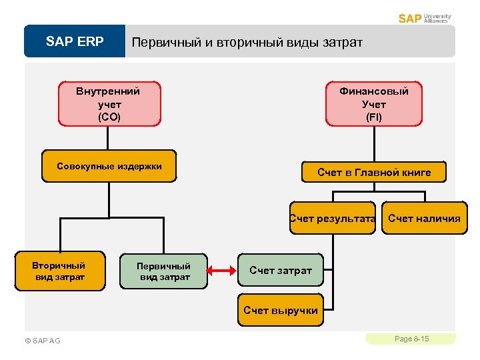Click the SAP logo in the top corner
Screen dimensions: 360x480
[x=410, y=18]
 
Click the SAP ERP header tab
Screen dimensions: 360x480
[x=75, y=42]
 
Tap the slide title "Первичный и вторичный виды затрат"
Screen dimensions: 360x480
[x=247, y=43]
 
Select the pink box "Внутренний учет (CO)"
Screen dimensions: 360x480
[x=109, y=103]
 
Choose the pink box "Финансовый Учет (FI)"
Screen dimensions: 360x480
[x=374, y=103]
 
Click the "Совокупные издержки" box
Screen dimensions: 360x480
[x=109, y=167]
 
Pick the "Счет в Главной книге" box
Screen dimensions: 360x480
[x=374, y=173]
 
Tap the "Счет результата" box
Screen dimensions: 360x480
[x=333, y=218]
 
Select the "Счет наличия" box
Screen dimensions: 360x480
[x=424, y=218]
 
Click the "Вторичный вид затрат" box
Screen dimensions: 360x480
[x=59, y=271]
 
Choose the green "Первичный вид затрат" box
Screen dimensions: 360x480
[x=163, y=271]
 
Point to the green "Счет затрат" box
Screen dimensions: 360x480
[x=281, y=270]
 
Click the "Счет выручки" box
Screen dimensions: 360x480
[x=281, y=310]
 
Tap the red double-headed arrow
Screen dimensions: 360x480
[x=223, y=271]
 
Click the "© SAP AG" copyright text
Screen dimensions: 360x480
[x=42, y=341]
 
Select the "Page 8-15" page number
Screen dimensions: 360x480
[x=411, y=339]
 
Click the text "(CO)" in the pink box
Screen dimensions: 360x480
[x=109, y=117]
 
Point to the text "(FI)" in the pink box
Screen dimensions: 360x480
[x=374, y=117]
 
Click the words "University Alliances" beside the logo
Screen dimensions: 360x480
[x=437, y=18]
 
